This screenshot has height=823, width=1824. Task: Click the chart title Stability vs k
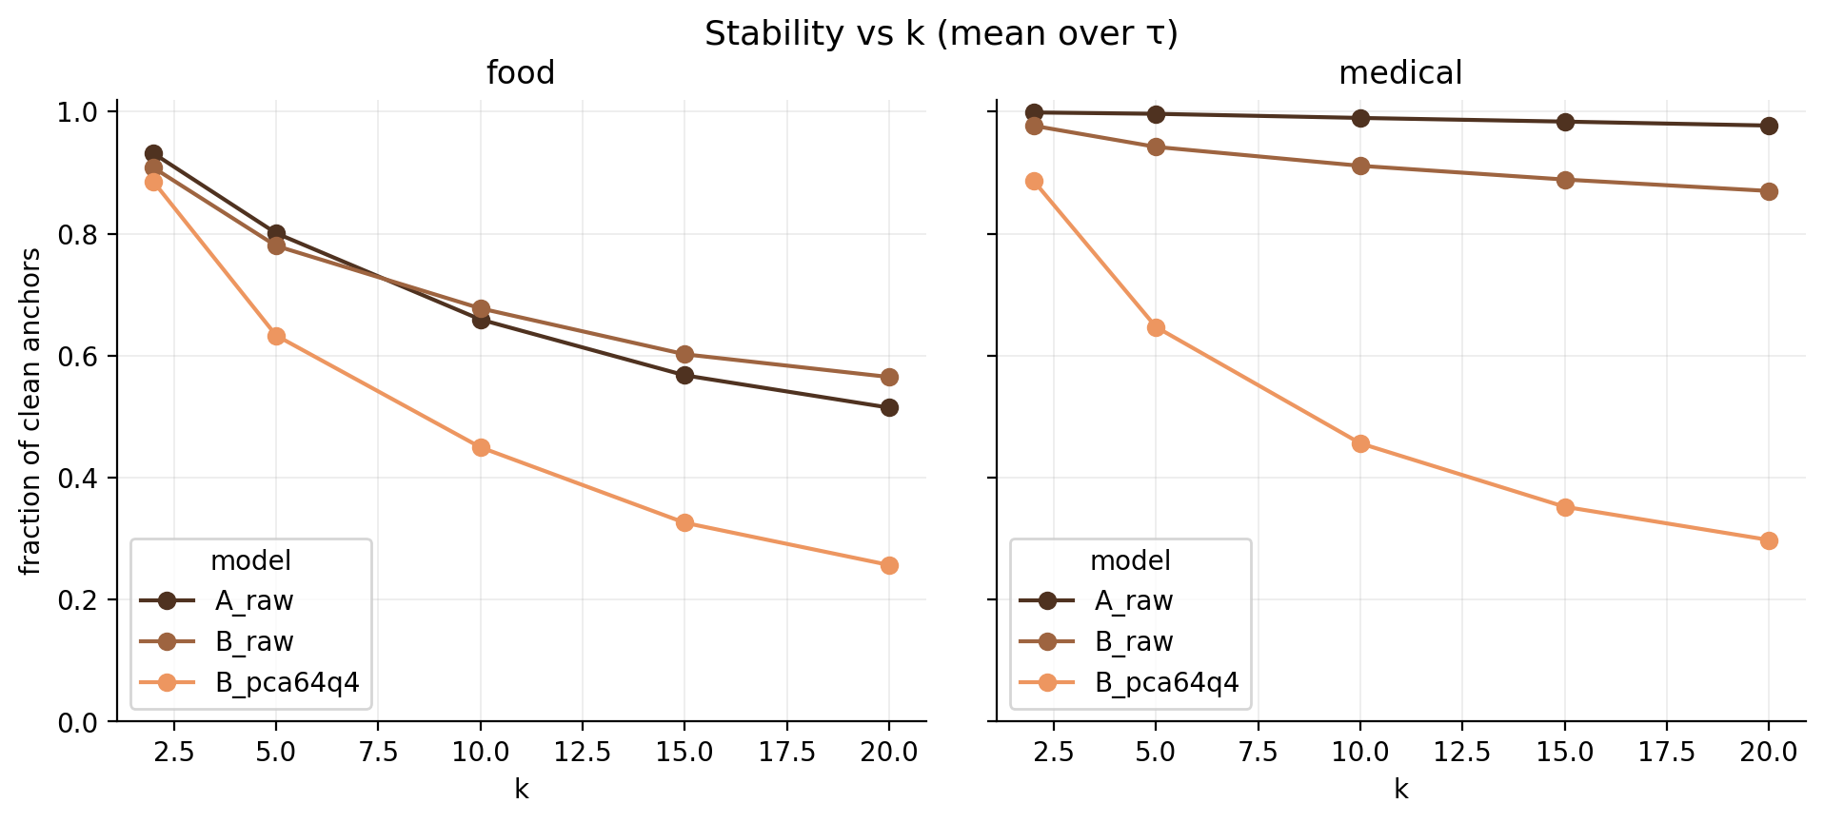click(941, 34)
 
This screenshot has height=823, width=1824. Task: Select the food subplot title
click(520, 73)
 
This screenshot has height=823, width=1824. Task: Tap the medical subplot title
click(1399, 73)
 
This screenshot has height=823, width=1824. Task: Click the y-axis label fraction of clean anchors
click(31, 411)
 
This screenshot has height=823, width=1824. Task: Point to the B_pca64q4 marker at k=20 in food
click(889, 565)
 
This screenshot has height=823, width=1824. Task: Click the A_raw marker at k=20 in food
click(889, 407)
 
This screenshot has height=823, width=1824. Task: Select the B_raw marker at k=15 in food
click(684, 354)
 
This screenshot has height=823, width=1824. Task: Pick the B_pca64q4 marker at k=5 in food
click(276, 336)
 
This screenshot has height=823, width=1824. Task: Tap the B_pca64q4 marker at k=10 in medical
click(1360, 443)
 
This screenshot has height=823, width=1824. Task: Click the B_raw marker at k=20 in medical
click(1769, 191)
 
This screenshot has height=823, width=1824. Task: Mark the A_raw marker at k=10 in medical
click(1360, 118)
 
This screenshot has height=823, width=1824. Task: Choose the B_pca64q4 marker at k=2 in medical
click(1034, 181)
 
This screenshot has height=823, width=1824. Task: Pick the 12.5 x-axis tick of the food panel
click(583, 752)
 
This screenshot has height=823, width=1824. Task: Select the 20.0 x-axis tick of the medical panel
click(1769, 752)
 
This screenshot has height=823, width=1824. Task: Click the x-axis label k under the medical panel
click(1400, 789)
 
